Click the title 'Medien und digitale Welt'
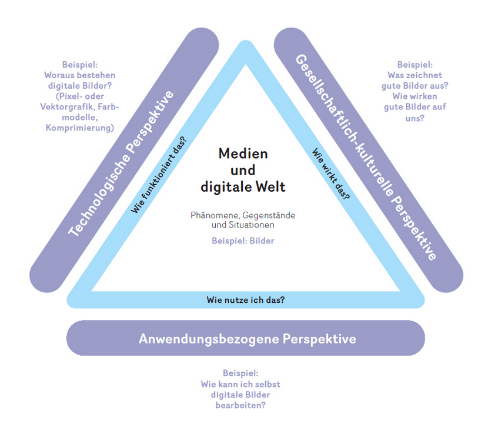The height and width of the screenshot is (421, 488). pos(243,171)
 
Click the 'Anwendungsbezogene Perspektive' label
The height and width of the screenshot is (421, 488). pos(247,339)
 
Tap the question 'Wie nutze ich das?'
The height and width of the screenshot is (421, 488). pos(246,300)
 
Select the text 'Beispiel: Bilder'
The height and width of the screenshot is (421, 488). pos(243,240)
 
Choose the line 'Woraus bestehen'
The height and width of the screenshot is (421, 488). pos(80,75)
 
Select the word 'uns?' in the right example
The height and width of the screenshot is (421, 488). pos(415,118)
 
